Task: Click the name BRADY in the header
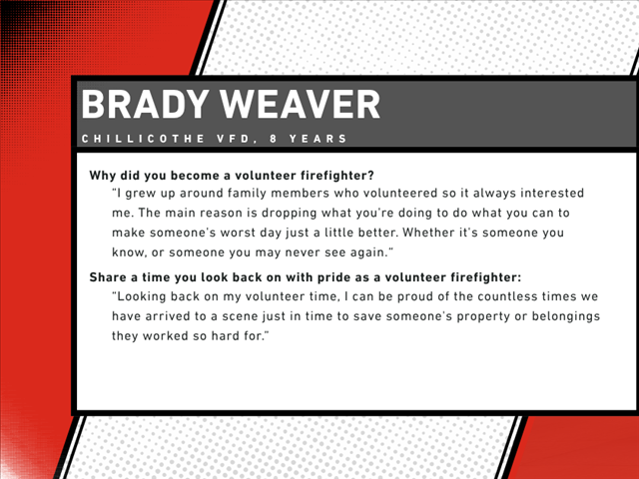pos(146,104)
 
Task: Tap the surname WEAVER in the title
pos(301,104)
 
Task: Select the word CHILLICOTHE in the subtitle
pos(143,139)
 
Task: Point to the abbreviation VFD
pos(234,139)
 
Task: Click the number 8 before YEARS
pos(273,139)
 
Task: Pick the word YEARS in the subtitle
pos(318,139)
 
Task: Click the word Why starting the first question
pos(103,176)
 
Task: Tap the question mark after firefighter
pos(370,176)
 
